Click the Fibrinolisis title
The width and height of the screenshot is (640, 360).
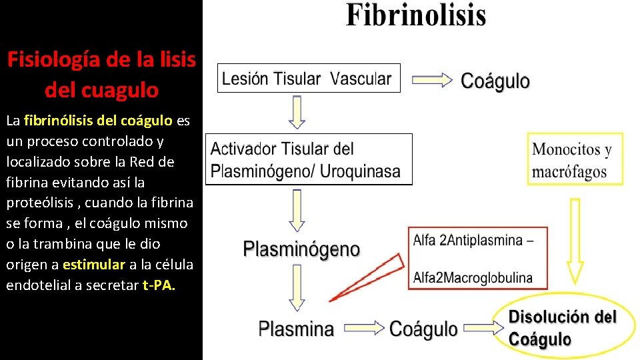[416, 15]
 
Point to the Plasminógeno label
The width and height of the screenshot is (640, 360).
[301, 249]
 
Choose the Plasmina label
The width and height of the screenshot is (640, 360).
[296, 328]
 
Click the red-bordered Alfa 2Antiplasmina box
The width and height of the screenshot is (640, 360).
[477, 258]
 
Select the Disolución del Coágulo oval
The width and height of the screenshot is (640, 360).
[563, 327]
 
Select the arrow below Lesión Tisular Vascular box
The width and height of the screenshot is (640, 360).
[297, 111]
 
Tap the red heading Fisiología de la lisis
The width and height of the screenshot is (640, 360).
[101, 59]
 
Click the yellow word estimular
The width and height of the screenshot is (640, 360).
[94, 264]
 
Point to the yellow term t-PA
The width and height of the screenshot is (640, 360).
[159, 285]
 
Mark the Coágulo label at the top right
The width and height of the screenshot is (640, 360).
[495, 81]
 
